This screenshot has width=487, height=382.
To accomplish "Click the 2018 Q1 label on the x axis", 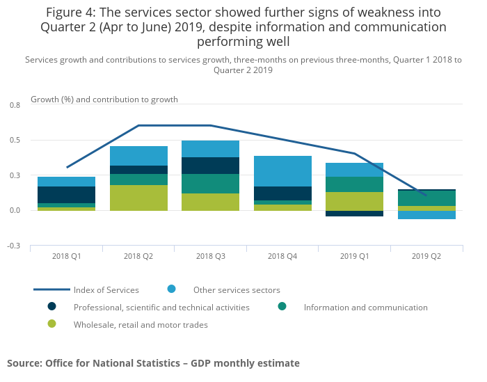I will click(67, 256).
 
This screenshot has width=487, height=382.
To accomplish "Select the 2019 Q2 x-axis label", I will click(426, 256).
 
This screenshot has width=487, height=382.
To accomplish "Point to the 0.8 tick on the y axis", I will click(15, 105).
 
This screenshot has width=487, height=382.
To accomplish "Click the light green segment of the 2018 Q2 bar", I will click(138, 198).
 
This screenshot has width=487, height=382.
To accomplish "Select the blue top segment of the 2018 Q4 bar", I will click(282, 171).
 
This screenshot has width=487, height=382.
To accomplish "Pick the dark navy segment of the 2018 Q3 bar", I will click(211, 166).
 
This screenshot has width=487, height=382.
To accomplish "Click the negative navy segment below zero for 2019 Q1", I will click(355, 214).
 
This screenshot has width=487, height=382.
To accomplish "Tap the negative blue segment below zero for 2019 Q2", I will click(426, 215).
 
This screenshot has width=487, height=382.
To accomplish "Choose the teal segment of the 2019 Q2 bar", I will click(426, 198).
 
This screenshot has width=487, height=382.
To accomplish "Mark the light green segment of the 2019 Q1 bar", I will click(355, 201).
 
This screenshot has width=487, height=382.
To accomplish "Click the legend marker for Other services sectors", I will click(171, 289).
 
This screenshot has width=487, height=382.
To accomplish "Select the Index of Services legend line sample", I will click(51, 289).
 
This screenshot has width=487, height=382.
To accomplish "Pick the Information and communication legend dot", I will click(282, 306).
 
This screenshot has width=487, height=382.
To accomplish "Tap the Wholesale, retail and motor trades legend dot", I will click(51, 324).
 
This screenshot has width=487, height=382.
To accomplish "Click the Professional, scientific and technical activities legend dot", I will click(51, 306).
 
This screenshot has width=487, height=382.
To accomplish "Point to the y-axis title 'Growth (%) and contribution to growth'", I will click(104, 100).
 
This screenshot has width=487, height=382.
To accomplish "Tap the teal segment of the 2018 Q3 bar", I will click(211, 184).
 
